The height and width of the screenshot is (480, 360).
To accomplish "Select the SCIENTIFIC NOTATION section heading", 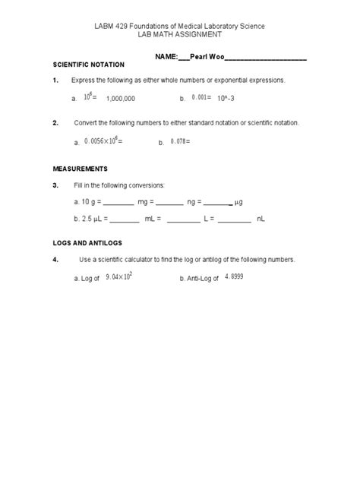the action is pyautogui.click(x=88, y=65).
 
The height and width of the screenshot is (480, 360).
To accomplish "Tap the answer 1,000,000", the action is pyautogui.click(x=121, y=99).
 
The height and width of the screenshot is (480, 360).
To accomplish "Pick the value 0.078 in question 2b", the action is pyautogui.click(x=180, y=141).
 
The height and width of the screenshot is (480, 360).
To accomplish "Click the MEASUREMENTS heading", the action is pyautogui.click(x=80, y=169).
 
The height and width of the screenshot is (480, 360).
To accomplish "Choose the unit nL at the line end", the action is pyautogui.click(x=261, y=219).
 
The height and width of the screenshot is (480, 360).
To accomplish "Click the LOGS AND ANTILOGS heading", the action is pyautogui.click(x=89, y=244).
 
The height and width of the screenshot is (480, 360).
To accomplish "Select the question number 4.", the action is pyautogui.click(x=55, y=259).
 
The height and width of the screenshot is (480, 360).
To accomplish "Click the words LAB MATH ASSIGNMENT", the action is pyautogui.click(x=179, y=35).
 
